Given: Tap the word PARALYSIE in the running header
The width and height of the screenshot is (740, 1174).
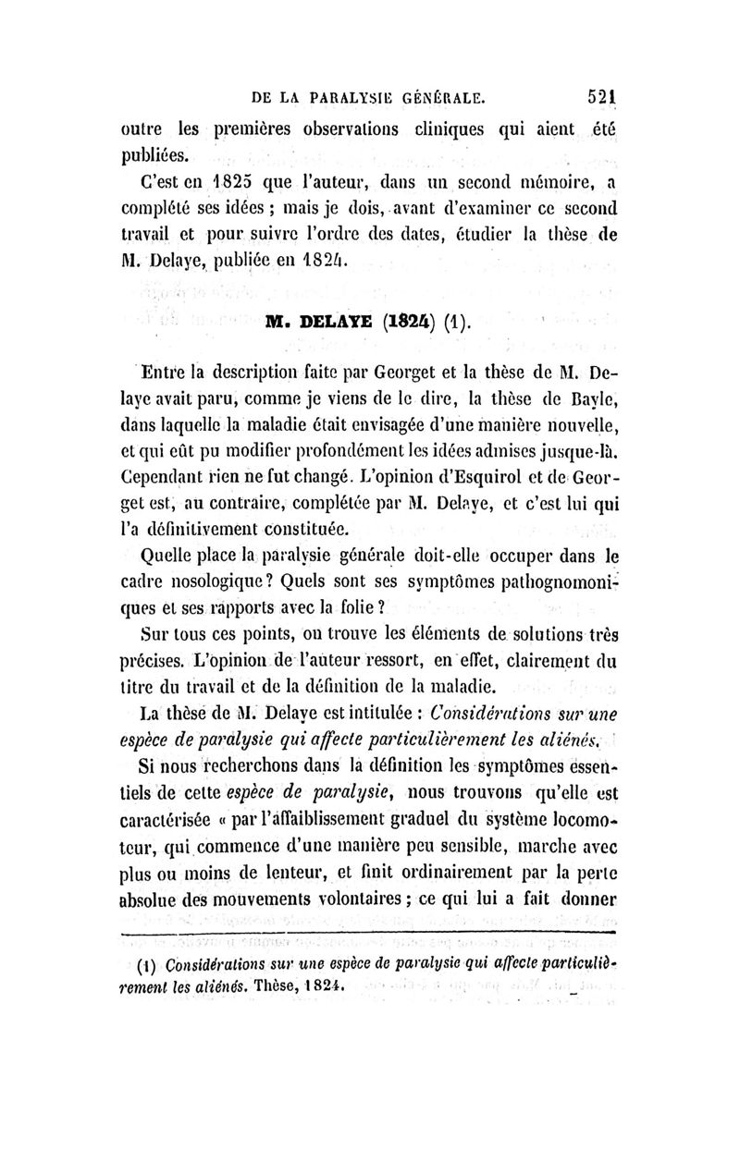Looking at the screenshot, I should pos(355,95).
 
